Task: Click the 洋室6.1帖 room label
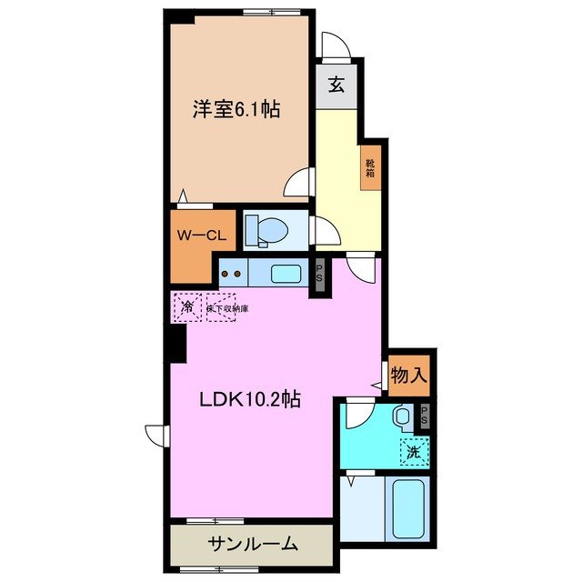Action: (235, 110)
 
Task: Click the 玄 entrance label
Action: (336, 86)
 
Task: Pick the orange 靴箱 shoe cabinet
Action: (371, 167)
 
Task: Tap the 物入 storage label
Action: (409, 375)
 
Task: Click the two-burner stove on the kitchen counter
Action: (233, 273)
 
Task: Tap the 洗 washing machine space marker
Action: (414, 448)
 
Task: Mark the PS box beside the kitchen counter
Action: (319, 273)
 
